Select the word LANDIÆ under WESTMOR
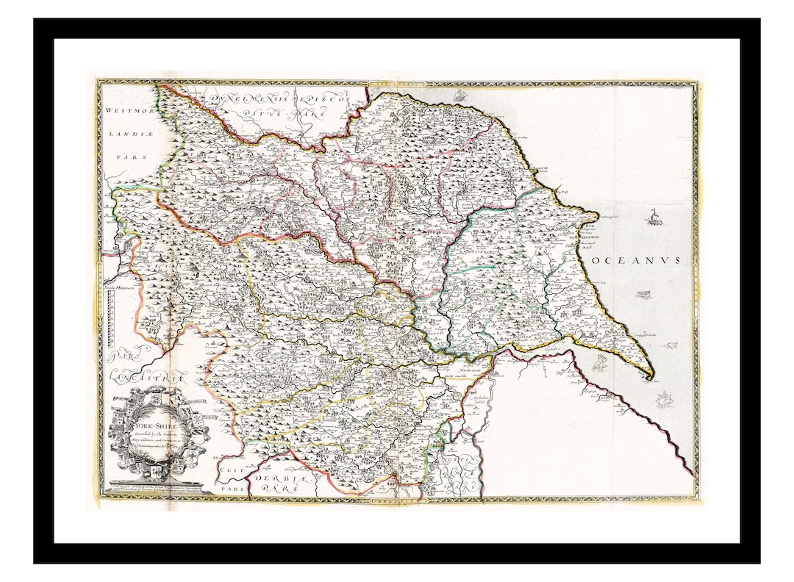(126, 134)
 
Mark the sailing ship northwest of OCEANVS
(651, 218)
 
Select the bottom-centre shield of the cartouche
(160, 470)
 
